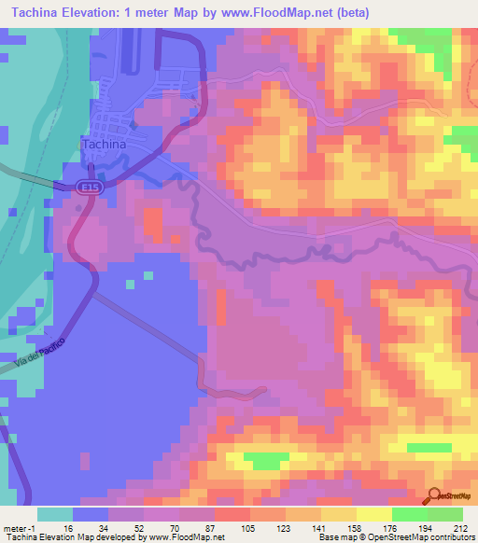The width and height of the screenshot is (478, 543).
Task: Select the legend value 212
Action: click(461, 527)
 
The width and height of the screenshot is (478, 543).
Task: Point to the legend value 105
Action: click(249, 527)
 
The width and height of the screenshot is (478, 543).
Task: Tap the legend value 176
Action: click(391, 527)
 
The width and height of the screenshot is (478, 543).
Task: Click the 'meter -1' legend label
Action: click(21, 527)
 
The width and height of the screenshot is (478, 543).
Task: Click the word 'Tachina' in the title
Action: click(35, 13)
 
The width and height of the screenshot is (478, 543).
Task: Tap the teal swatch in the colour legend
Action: click(55, 514)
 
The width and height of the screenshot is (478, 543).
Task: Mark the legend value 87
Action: click(214, 527)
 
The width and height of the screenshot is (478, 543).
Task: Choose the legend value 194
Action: click(426, 527)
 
